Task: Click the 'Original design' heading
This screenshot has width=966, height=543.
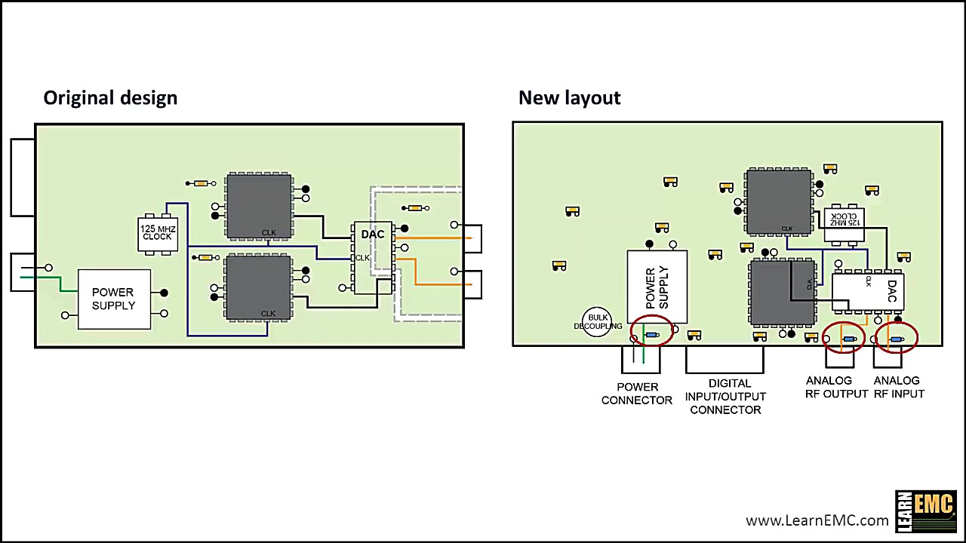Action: pyautogui.click(x=110, y=98)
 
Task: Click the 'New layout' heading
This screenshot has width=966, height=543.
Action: pyautogui.click(x=569, y=98)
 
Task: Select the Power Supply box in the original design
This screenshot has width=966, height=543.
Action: pyautogui.click(x=114, y=299)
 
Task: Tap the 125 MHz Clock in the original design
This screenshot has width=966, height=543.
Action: pyautogui.click(x=158, y=233)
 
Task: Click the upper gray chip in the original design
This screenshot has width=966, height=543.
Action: pyautogui.click(x=259, y=206)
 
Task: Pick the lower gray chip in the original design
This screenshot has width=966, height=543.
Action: pyautogui.click(x=259, y=287)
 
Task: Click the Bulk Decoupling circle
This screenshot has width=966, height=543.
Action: pyautogui.click(x=597, y=321)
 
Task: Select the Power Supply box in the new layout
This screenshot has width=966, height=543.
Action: pyautogui.click(x=657, y=287)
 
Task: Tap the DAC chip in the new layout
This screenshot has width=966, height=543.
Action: pyautogui.click(x=867, y=291)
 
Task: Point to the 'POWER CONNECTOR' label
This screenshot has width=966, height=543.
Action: pyautogui.click(x=637, y=394)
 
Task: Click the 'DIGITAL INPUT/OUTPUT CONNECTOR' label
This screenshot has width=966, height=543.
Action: pyautogui.click(x=725, y=397)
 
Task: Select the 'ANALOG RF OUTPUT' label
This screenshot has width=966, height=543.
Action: pyautogui.click(x=836, y=388)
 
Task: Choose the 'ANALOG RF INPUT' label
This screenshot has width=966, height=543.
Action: pyautogui.click(x=898, y=388)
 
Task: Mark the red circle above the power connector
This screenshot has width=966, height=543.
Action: pyautogui.click(x=651, y=331)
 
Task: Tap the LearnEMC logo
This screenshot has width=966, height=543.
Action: pyautogui.click(x=925, y=511)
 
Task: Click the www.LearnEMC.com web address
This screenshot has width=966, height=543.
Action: pyautogui.click(x=817, y=520)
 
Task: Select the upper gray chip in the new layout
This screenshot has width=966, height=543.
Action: pyautogui.click(x=779, y=201)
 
